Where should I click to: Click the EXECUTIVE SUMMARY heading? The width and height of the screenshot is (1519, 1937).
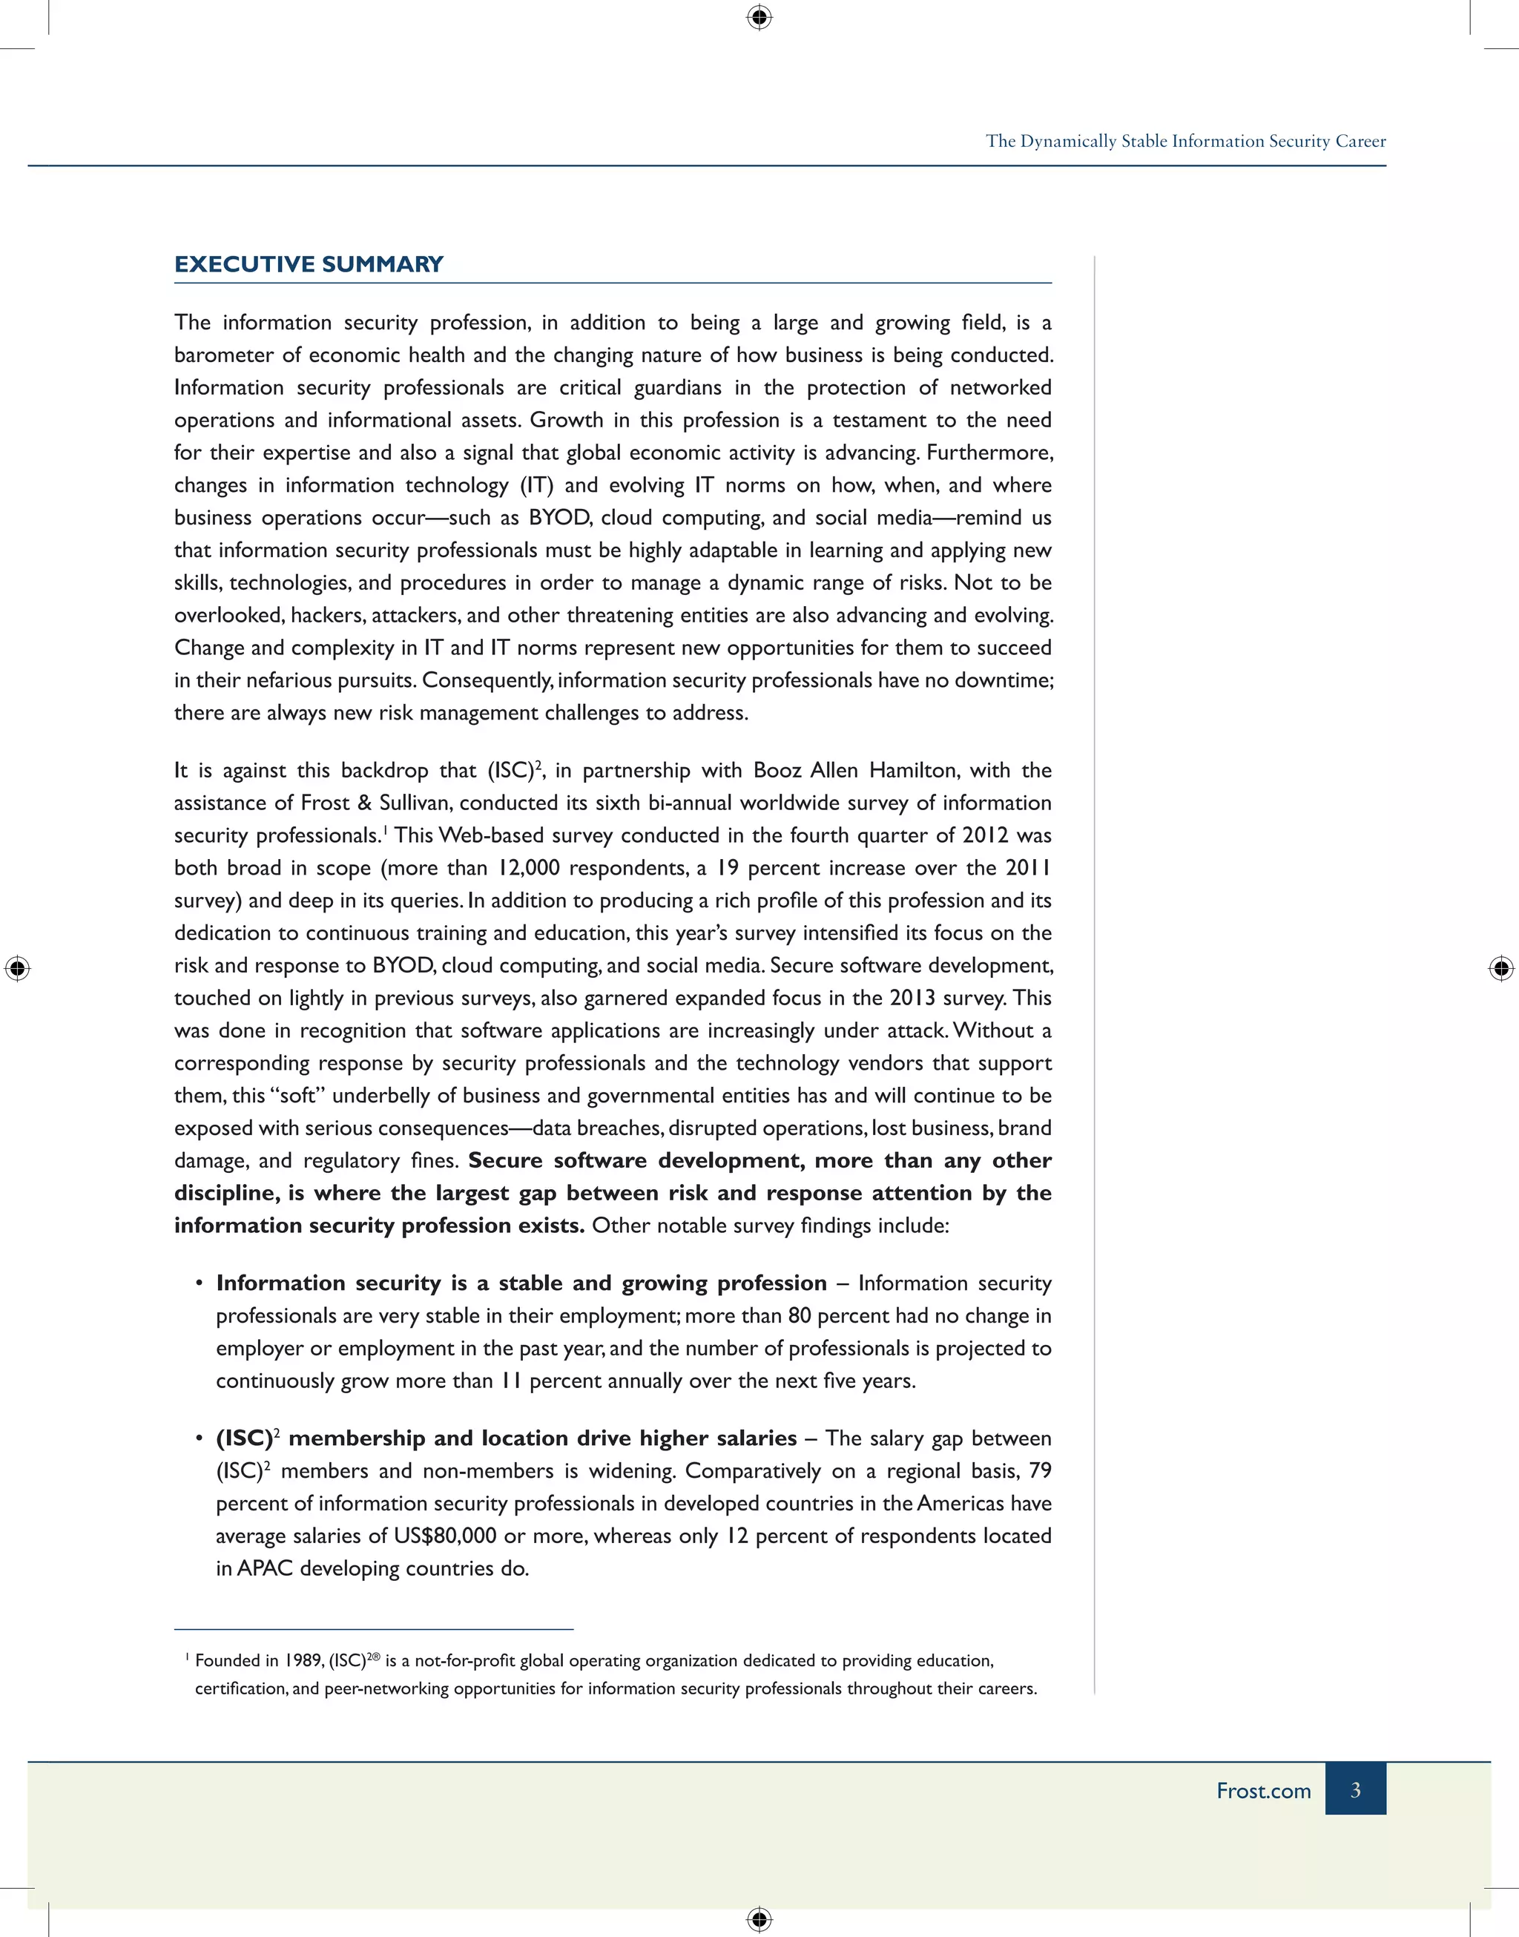click(x=309, y=264)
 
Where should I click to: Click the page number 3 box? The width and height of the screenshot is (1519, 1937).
click(x=1354, y=1789)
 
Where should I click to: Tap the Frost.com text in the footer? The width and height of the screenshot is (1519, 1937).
click(x=1263, y=1790)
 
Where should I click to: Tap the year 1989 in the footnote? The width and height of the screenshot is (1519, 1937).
click(x=303, y=1660)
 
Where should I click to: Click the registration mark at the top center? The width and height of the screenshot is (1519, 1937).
click(x=759, y=17)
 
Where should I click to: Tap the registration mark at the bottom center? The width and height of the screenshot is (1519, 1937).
click(x=759, y=1918)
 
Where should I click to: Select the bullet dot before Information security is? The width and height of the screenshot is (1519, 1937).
click(x=200, y=1283)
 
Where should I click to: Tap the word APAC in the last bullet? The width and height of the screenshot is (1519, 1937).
click(x=265, y=1569)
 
